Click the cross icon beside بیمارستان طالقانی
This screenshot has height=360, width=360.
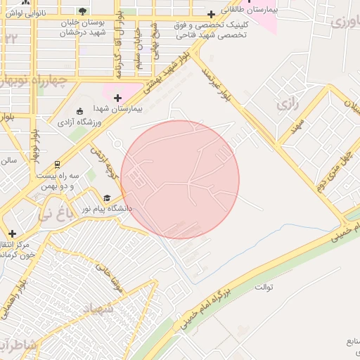(211, 14)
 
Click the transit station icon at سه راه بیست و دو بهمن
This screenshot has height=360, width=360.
(56, 164)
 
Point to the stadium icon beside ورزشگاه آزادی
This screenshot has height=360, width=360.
(79, 110)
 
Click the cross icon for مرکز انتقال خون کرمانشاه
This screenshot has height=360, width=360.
(11, 233)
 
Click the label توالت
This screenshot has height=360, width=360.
(264, 287)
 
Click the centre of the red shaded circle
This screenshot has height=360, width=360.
(180, 179)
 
